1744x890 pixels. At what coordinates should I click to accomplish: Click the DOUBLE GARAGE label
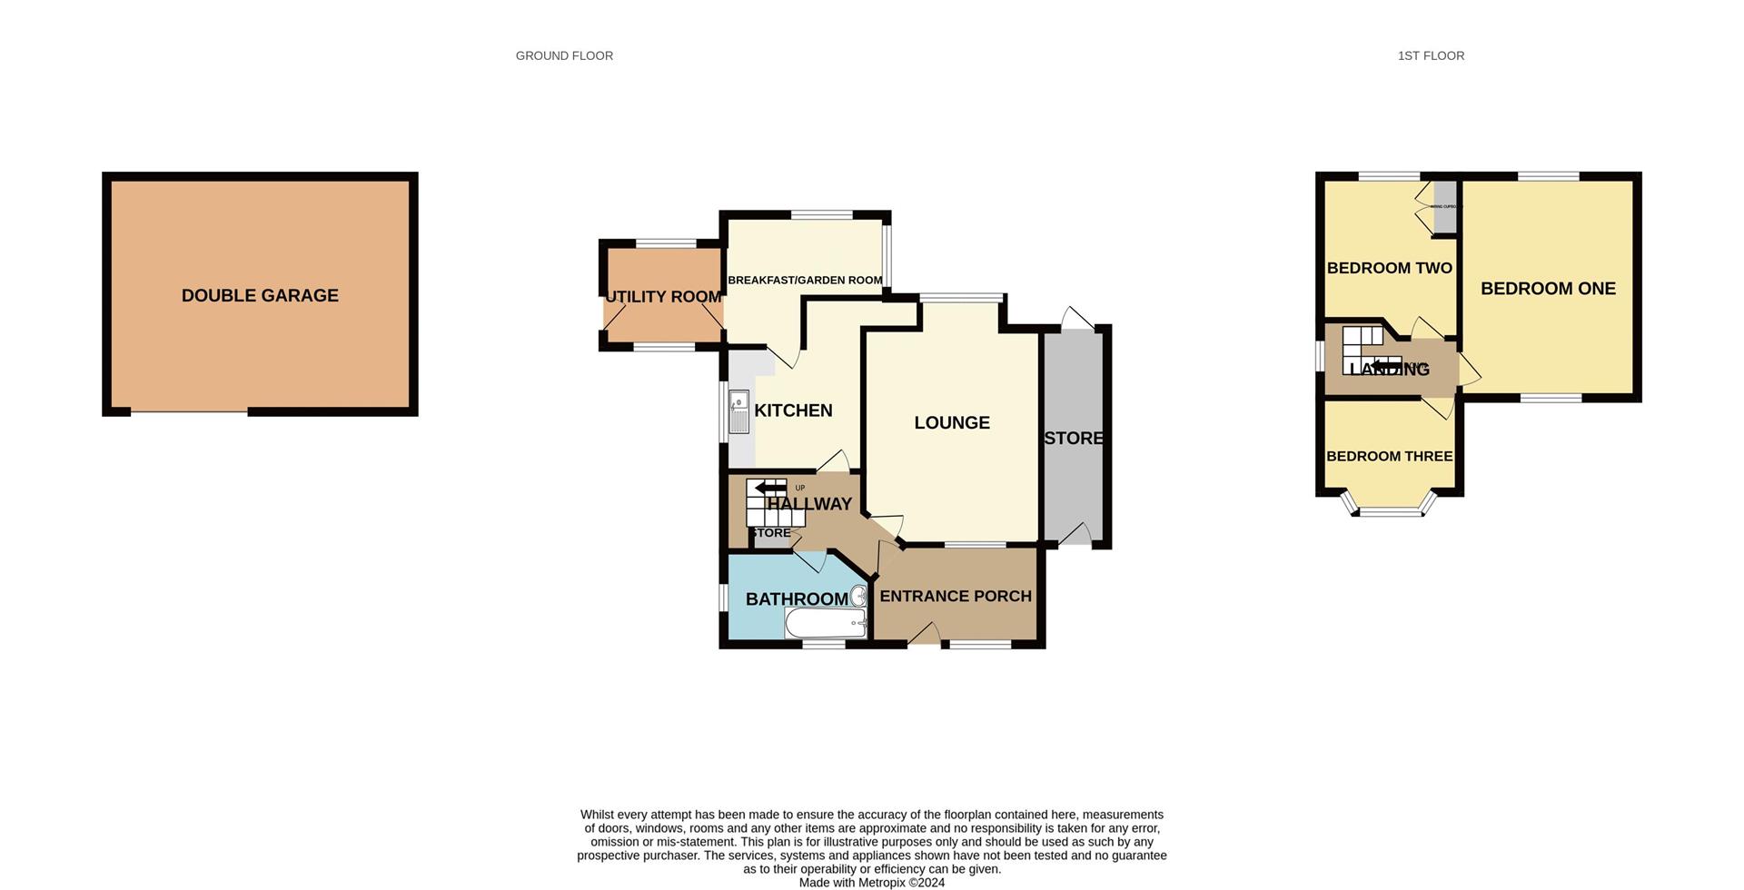pyautogui.click(x=260, y=295)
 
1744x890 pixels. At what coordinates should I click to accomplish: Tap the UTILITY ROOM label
pyautogui.click(x=663, y=297)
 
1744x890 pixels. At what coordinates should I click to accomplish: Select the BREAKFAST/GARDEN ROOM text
pyautogui.click(x=805, y=280)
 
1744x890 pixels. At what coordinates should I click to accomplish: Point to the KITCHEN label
pyautogui.click(x=793, y=410)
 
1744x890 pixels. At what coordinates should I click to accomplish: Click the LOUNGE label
pyautogui.click(x=952, y=422)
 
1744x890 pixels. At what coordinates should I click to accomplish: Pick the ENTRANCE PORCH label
pyautogui.click(x=956, y=596)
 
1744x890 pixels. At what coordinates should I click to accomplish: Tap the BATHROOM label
pyautogui.click(x=797, y=599)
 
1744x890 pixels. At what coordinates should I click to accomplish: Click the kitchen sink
pyautogui.click(x=738, y=411)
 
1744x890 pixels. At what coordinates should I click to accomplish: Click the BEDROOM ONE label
pyautogui.click(x=1548, y=289)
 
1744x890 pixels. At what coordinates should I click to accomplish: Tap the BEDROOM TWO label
pyautogui.click(x=1389, y=268)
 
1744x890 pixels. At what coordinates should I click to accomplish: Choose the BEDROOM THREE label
pyautogui.click(x=1389, y=456)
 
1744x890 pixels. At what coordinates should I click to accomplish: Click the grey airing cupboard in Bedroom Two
pyautogui.click(x=1443, y=207)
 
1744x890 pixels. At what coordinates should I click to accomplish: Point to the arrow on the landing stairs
pyautogui.click(x=1386, y=365)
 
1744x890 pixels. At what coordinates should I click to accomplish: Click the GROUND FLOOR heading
pyautogui.click(x=564, y=56)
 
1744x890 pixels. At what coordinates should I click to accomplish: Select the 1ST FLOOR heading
pyautogui.click(x=1431, y=56)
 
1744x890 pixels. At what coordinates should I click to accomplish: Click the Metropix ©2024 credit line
pyautogui.click(x=871, y=883)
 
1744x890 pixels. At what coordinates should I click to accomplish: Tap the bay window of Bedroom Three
pyautogui.click(x=1390, y=511)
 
